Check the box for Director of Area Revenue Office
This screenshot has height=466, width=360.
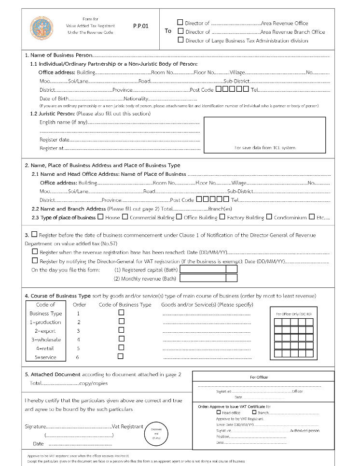pyautogui.click(x=180, y=22)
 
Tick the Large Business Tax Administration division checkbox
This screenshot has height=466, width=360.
pyautogui.click(x=180, y=40)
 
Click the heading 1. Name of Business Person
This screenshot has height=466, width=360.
pyautogui.click(x=57, y=56)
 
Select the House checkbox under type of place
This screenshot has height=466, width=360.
pyautogui.click(x=100, y=217)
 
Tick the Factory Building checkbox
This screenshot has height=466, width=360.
pyautogui.click(x=222, y=217)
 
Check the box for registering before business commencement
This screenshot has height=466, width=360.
pyautogui.click(x=34, y=234)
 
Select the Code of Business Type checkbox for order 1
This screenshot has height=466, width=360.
pyautogui.click(x=121, y=312)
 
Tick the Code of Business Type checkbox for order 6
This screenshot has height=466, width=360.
pyautogui.click(x=121, y=356)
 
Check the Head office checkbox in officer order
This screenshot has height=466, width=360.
pyautogui.click(x=219, y=412)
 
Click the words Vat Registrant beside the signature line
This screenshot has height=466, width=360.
pyautogui.click(x=127, y=427)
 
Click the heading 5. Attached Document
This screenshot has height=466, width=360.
pyautogui.click(x=53, y=374)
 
